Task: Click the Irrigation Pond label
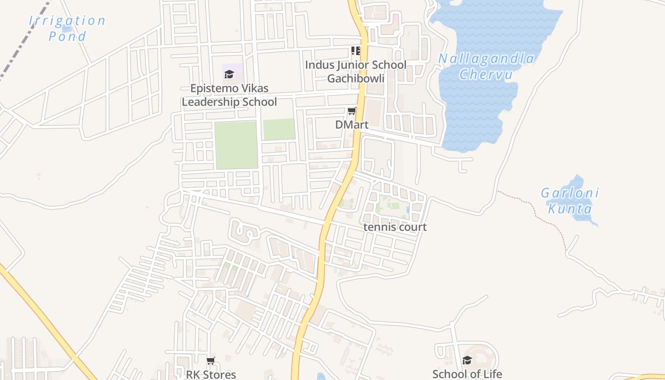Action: point(67,28)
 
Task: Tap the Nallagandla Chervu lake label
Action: point(486,66)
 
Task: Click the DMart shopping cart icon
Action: point(351,111)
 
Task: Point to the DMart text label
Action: point(351,125)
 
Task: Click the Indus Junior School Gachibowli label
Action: point(355,71)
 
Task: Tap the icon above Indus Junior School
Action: point(355,51)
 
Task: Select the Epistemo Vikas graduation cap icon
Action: point(229,74)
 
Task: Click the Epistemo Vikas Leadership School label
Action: point(229,95)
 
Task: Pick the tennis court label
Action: point(395,227)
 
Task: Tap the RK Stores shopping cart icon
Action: point(210,361)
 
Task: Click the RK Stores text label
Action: point(210,374)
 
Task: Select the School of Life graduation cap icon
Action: point(467,361)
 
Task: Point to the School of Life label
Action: point(467,374)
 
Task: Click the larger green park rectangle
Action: point(236,145)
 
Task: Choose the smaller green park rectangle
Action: point(279,129)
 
